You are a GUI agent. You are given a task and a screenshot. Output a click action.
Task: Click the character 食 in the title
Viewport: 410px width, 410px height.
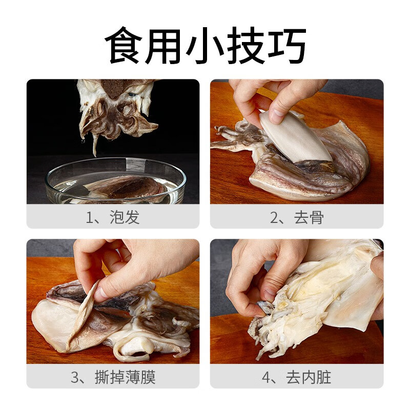(x=124, y=46)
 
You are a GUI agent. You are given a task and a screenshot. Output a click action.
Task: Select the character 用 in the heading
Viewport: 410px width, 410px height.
(x=164, y=46)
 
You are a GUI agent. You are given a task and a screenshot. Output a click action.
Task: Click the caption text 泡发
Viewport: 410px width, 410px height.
(x=125, y=217)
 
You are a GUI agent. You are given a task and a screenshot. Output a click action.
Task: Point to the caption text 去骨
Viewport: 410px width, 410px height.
(x=309, y=217)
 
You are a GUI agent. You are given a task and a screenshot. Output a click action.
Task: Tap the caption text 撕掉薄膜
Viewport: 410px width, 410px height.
(x=126, y=378)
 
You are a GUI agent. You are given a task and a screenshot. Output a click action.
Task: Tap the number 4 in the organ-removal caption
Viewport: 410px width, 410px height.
(x=266, y=378)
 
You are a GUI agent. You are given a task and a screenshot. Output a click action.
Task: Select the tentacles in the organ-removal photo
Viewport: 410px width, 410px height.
(x=266, y=328)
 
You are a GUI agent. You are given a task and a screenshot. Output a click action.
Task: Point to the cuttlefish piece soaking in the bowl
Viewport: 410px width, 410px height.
(x=126, y=187)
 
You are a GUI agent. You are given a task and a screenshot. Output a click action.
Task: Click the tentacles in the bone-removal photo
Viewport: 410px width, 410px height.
(x=236, y=136)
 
